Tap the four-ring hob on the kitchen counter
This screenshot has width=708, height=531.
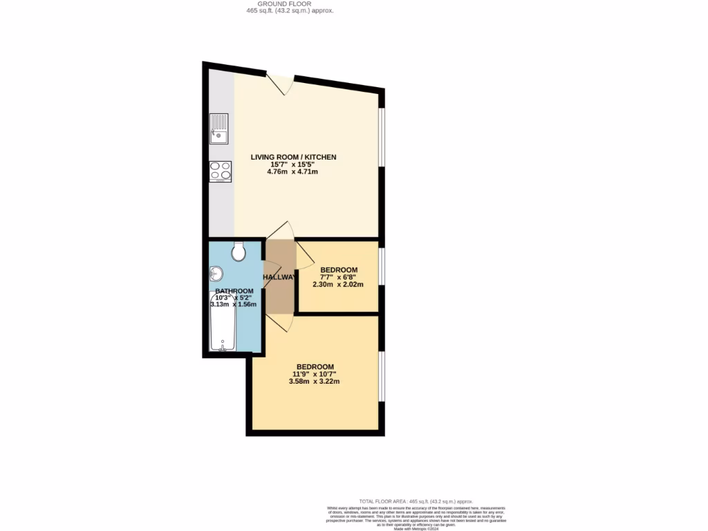coord(221,171)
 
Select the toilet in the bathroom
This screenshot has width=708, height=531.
coord(239,252)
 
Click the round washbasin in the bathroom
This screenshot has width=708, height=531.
coord(214,274)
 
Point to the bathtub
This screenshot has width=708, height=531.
coord(223,322)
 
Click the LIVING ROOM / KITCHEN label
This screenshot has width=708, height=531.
coord(293,157)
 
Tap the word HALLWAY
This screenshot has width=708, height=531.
coord(279,277)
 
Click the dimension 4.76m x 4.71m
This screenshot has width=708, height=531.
coord(293,171)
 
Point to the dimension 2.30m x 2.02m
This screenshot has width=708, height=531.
coord(338,284)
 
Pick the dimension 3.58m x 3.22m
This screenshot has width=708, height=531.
coord(315,382)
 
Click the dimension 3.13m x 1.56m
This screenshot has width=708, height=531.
coord(234,304)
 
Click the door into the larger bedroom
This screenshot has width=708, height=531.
coord(280,319)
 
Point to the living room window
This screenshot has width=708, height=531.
coord(381,137)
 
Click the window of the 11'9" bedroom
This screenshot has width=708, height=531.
coord(381,375)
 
